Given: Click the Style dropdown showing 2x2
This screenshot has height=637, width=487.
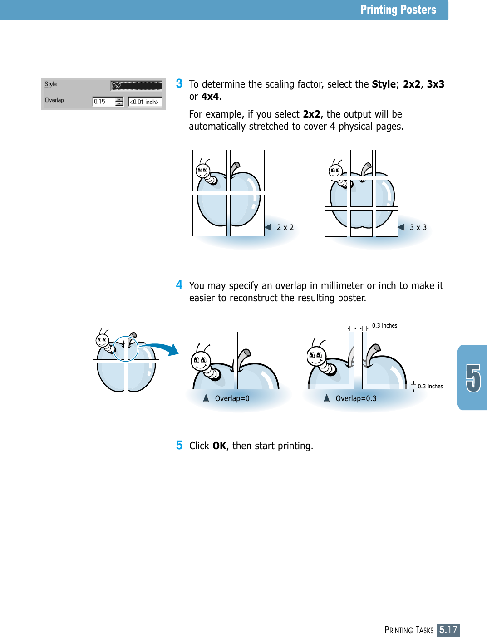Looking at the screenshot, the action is [x=137, y=86].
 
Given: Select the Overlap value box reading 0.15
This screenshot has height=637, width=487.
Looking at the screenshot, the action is [x=103, y=102].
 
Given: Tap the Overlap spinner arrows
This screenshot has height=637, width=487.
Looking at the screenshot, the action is [x=119, y=102].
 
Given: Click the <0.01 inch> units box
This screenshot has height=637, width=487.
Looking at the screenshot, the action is [x=145, y=102].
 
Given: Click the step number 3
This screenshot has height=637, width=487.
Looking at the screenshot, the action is [x=179, y=83].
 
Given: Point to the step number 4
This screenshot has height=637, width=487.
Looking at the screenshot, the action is [x=179, y=285].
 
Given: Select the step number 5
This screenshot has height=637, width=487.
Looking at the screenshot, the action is [x=179, y=445].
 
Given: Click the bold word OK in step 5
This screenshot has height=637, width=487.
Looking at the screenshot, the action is [x=219, y=446].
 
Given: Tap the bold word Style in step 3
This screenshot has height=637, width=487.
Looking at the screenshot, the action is [x=384, y=84].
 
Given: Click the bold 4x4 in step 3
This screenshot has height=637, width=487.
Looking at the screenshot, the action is [x=210, y=97].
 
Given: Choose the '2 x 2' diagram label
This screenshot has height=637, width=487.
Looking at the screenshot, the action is [x=285, y=227].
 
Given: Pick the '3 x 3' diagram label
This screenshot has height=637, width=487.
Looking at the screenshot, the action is [x=418, y=227].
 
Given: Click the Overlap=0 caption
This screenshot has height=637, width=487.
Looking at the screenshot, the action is [x=232, y=398].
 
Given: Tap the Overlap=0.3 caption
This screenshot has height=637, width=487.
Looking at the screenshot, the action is [x=356, y=398].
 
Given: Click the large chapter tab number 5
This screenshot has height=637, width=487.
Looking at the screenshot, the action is [x=473, y=378].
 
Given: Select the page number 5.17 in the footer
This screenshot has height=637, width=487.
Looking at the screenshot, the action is [x=448, y=630].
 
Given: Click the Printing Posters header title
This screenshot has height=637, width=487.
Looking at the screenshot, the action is [x=398, y=10].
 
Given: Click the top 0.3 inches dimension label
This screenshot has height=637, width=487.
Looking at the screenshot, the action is [x=384, y=326].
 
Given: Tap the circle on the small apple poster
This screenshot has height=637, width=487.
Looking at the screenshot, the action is [x=125, y=349].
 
